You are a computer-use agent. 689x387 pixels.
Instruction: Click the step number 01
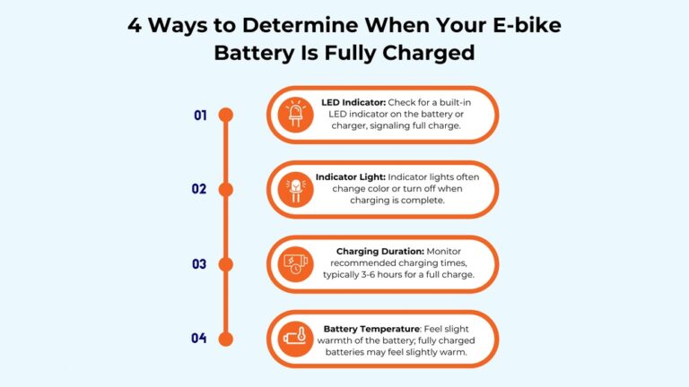click(200, 115)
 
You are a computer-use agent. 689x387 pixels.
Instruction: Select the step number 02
click(199, 189)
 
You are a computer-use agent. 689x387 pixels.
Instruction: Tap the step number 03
click(199, 264)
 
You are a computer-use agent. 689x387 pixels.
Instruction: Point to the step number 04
click(199, 339)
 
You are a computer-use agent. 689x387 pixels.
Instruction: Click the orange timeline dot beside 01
click(226, 115)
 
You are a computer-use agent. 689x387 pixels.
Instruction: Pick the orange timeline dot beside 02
click(226, 189)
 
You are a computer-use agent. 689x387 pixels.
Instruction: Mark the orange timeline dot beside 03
click(226, 264)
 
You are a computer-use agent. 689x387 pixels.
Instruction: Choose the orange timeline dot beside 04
click(226, 339)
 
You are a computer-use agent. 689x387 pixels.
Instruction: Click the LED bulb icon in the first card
click(294, 115)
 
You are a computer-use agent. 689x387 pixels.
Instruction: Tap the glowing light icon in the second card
click(294, 190)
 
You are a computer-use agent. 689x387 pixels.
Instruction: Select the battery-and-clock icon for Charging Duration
click(294, 264)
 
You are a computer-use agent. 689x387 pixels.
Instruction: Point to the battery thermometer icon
click(294, 339)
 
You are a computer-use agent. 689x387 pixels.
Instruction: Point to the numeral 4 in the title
click(135, 25)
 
